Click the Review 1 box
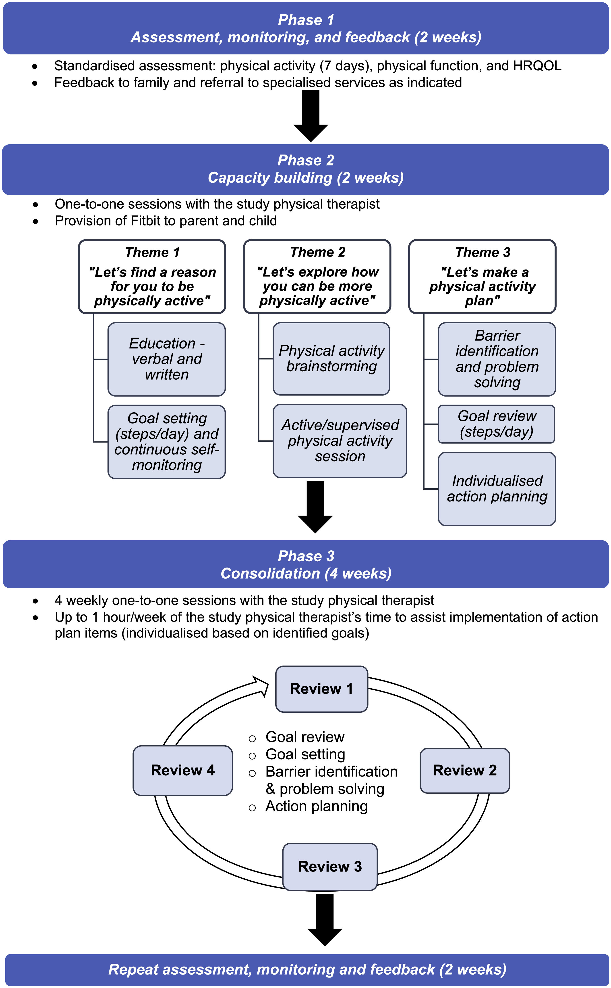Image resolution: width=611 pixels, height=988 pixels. click(x=321, y=689)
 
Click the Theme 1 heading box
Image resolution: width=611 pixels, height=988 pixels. click(x=152, y=277)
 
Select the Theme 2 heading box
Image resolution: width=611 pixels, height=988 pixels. click(x=317, y=277)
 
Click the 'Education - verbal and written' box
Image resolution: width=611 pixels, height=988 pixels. click(x=166, y=359)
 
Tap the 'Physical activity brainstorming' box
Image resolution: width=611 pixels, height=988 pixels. click(x=331, y=358)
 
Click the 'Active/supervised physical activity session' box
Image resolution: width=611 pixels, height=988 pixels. click(x=340, y=441)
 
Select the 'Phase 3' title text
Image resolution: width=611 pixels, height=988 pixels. click(x=306, y=556)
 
